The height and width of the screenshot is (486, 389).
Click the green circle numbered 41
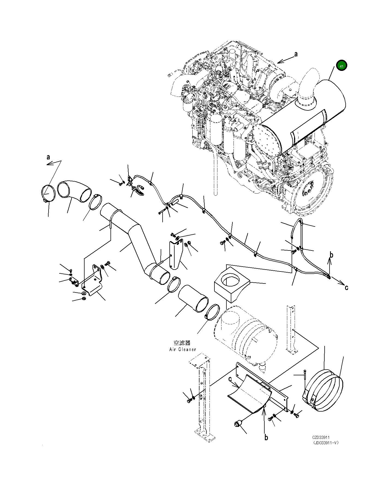pos(342,65)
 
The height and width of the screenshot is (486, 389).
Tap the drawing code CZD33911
pos(321,445)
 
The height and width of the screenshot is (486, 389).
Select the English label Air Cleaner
pos(182,349)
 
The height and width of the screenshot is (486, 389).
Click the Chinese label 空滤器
pos(182,343)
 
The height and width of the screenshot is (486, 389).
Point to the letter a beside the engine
pos(296,54)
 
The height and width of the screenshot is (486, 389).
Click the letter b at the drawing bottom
pos(266,437)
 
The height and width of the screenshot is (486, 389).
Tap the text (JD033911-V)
pos(326,451)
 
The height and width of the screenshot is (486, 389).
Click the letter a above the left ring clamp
pos(48,157)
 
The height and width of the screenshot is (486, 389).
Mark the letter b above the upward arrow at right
pos(331,255)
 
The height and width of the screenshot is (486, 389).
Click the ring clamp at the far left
pos(49,194)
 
